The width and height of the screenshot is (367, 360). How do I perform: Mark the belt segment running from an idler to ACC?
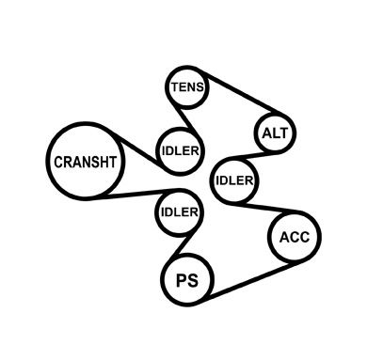pyautogui.click(x=266, y=208)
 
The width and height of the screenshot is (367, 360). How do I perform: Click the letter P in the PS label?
pyautogui.click(x=182, y=280)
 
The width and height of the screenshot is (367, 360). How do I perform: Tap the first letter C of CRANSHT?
pyautogui.click(x=58, y=163)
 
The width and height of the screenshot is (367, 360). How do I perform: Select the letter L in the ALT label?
pyautogui.click(x=274, y=133)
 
